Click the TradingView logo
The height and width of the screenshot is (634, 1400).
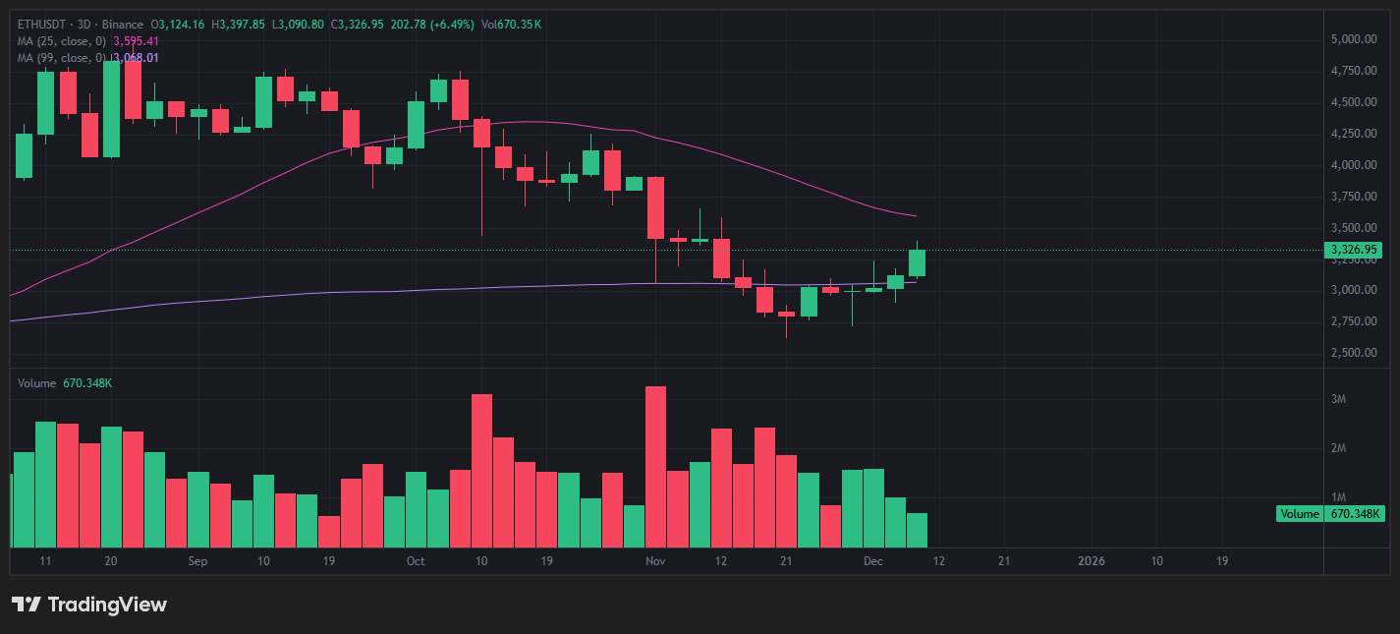[x=89, y=605]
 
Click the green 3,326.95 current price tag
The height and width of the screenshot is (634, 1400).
[x=1355, y=250]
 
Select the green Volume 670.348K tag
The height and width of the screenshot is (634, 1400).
[x=1331, y=514]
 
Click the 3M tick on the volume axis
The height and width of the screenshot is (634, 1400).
[x=1338, y=399]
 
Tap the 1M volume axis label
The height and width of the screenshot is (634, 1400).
[x=1338, y=497]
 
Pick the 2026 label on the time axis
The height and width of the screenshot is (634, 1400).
[x=1092, y=561]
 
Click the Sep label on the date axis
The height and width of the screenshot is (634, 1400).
[x=197, y=561]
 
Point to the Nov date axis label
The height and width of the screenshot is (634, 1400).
[x=656, y=561]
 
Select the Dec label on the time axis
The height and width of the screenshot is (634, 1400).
[x=873, y=561]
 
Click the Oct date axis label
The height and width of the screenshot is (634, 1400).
[x=416, y=561]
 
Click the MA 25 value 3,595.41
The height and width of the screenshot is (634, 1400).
[x=137, y=41]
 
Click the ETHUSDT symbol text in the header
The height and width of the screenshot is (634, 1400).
[x=41, y=24]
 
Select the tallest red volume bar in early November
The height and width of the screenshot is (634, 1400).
[x=656, y=467]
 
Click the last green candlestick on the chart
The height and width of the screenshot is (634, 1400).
[x=917, y=262]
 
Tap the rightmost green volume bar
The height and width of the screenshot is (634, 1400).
[x=917, y=530]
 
